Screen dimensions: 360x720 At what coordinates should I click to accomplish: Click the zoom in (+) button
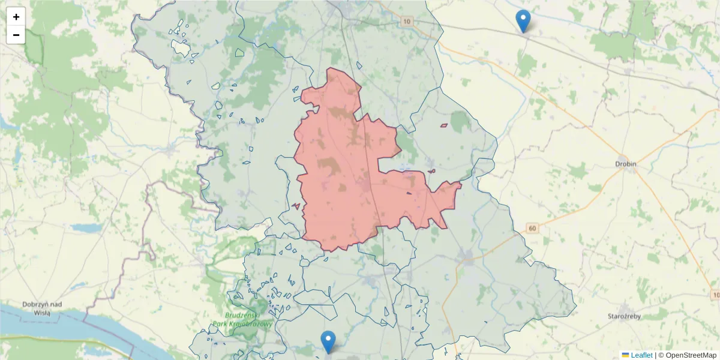pyautogui.click(x=16, y=17)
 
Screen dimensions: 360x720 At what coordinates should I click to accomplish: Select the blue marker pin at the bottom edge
pyautogui.click(x=328, y=341)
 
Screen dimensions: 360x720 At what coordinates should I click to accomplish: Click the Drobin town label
pyautogui.click(x=625, y=164)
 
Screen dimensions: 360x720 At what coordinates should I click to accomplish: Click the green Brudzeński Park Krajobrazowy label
pyautogui.click(x=242, y=319)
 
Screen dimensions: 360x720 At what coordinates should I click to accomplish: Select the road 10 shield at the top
pyautogui.click(x=408, y=22)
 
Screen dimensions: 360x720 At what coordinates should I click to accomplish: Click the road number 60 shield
pyautogui.click(x=532, y=228)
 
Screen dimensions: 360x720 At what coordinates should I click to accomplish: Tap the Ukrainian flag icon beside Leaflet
pyautogui.click(x=625, y=355)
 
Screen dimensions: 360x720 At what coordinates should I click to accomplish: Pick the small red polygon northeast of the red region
pyautogui.click(x=444, y=125)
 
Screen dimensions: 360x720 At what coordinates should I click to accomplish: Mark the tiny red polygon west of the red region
pyautogui.click(x=296, y=206)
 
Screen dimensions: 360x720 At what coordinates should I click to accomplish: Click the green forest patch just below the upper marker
pyautogui.click(x=527, y=63)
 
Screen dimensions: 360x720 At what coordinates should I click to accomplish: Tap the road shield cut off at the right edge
pyautogui.click(x=715, y=295)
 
